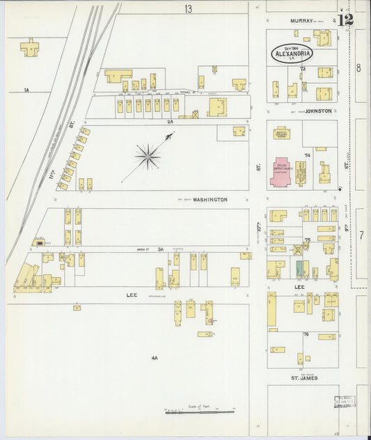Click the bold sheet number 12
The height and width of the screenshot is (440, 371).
click(x=346, y=19)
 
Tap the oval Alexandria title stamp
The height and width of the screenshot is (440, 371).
click(x=292, y=53)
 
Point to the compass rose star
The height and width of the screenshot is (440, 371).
click(x=148, y=157)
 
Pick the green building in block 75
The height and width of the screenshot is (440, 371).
click(x=299, y=268)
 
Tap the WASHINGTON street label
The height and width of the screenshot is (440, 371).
click(x=210, y=200)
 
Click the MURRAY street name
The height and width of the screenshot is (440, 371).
click(x=303, y=21)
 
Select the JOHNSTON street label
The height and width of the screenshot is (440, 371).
click(x=317, y=111)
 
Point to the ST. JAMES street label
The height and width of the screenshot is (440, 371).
click(x=303, y=377)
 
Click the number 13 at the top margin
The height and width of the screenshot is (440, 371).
click(x=188, y=8)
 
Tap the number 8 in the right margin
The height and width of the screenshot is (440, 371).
click(x=358, y=68)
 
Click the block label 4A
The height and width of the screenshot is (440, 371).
click(x=155, y=358)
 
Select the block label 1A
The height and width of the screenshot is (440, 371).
click(x=26, y=90)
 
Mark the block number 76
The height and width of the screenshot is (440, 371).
click(x=306, y=335)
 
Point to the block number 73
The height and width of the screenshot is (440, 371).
click(x=303, y=69)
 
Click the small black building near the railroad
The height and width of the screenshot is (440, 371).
click(x=40, y=243)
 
